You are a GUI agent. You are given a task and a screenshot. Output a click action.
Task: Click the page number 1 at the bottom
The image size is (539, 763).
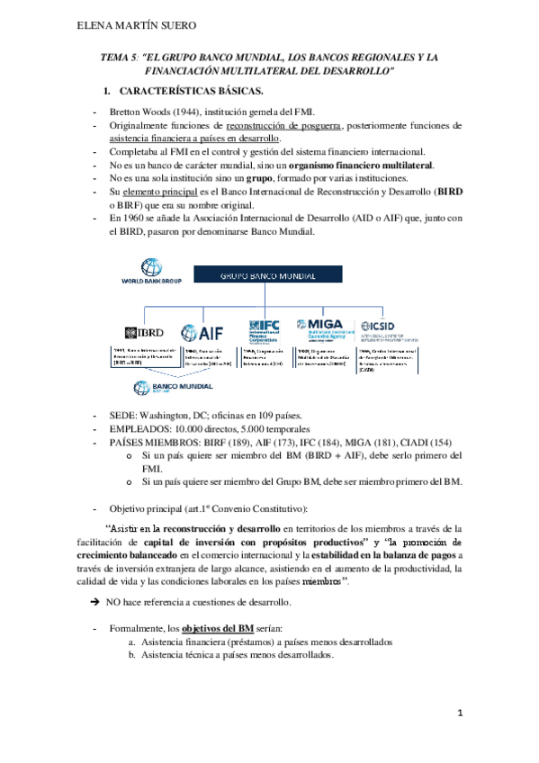click(459, 714)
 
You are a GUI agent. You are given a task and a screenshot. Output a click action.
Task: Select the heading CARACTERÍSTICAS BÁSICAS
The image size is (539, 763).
click(191, 92)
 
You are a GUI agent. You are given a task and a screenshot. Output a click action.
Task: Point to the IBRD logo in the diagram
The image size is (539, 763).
click(144, 332)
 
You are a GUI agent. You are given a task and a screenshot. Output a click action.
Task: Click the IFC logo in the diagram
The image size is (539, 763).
click(271, 330)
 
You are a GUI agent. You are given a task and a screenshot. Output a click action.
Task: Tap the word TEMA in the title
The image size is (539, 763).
click(117, 57)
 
